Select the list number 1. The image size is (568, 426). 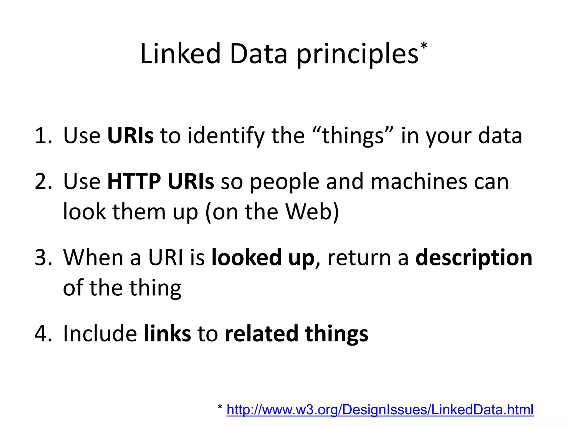43,136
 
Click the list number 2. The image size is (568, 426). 43,182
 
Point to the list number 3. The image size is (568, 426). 43,258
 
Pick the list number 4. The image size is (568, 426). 43,334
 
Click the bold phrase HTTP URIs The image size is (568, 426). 161,182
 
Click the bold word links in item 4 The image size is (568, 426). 168,334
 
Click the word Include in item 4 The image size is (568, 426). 100,334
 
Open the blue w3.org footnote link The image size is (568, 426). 380,410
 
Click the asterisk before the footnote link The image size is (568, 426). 220,408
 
